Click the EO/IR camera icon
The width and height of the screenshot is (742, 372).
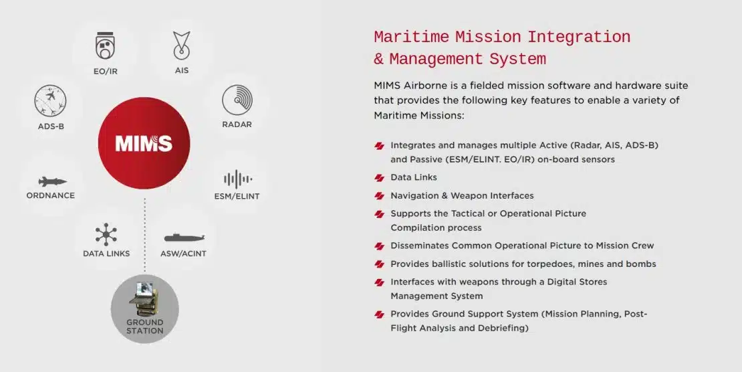[106, 46]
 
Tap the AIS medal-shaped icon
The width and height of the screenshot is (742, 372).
[181, 45]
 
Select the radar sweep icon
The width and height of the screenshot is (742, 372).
[237, 100]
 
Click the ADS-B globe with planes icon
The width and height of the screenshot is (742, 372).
[50, 100]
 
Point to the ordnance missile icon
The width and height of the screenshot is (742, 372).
[53, 181]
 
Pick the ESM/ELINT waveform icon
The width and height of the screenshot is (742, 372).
[237, 179]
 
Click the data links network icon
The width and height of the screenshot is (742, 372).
[106, 235]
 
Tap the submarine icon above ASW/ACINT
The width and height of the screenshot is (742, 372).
[184, 237]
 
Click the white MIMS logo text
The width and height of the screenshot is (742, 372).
[144, 143]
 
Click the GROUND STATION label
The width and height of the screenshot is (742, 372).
[145, 327]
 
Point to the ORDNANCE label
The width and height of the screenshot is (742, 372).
[51, 195]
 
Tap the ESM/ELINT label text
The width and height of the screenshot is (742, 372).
[237, 196]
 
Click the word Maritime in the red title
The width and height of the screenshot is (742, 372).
[411, 37]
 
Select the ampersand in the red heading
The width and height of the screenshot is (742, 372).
[378, 60]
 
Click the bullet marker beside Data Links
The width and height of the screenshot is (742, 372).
[380, 178]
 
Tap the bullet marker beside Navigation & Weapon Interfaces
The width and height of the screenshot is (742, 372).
[380, 196]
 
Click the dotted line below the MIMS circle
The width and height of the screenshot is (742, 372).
[145, 236]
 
